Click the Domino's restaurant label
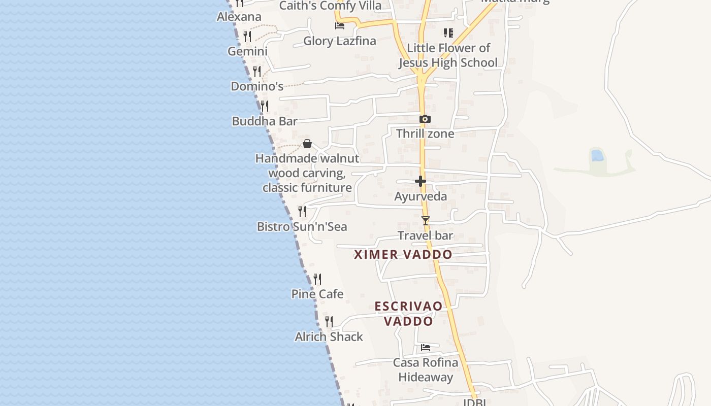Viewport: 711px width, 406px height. (x=257, y=86)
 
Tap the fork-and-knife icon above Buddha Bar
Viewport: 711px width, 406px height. (x=264, y=106)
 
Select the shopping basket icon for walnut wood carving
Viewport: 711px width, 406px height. (x=307, y=144)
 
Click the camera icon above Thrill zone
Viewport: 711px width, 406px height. (x=425, y=119)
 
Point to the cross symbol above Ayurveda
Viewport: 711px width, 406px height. (x=421, y=181)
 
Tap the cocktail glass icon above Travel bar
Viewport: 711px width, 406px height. (x=426, y=221)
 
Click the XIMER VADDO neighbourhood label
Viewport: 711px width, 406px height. (x=403, y=255)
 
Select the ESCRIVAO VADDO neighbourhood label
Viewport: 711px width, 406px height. (x=408, y=314)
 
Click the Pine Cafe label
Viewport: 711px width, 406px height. (x=317, y=294)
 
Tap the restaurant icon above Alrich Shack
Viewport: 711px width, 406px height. (x=329, y=321)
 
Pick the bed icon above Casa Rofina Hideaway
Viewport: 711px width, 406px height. (x=426, y=348)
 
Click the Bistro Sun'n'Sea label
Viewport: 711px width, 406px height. (x=302, y=226)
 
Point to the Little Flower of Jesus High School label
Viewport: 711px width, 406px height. (x=448, y=55)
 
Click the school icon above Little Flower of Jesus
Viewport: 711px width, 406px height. (x=448, y=33)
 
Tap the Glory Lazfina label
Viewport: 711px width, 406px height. (x=340, y=41)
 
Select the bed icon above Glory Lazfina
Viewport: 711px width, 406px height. (x=340, y=25)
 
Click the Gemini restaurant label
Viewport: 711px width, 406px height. (x=247, y=51)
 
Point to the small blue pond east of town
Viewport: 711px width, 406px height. (x=598, y=155)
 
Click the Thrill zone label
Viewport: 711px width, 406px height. (x=425, y=133)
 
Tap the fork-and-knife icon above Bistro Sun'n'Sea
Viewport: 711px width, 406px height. (x=302, y=211)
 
